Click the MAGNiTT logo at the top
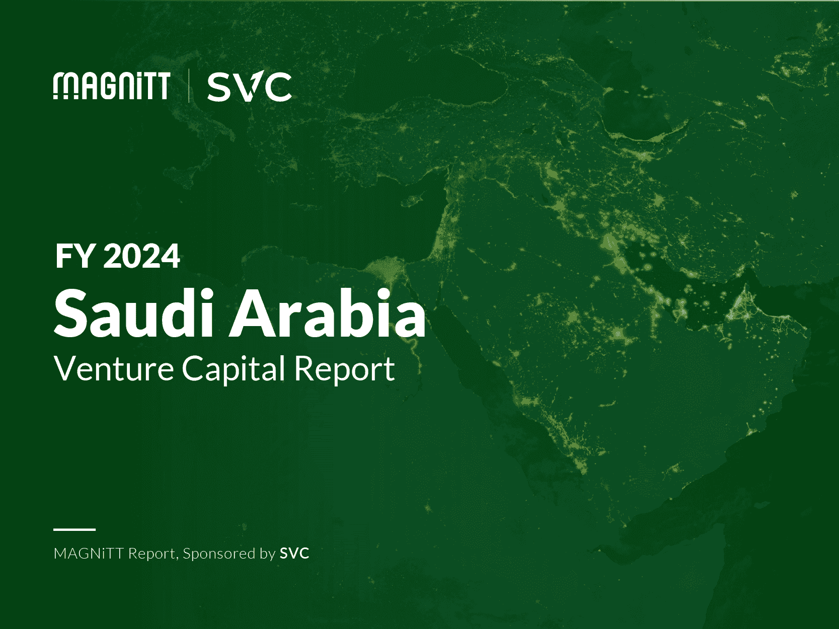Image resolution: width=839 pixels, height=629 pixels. tap(112, 86)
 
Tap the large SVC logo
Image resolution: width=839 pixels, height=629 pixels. tap(249, 87)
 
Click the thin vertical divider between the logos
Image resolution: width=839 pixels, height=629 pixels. tap(189, 86)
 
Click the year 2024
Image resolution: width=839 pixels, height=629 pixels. tap(142, 257)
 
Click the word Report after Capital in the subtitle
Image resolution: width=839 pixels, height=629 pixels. tap(344, 370)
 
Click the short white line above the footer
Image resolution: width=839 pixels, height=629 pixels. tap(74, 529)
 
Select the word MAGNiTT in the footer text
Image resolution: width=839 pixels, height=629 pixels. tap(89, 554)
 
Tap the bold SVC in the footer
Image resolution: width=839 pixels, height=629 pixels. tap(294, 554)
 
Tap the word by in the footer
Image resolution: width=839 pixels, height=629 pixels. tap(267, 554)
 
